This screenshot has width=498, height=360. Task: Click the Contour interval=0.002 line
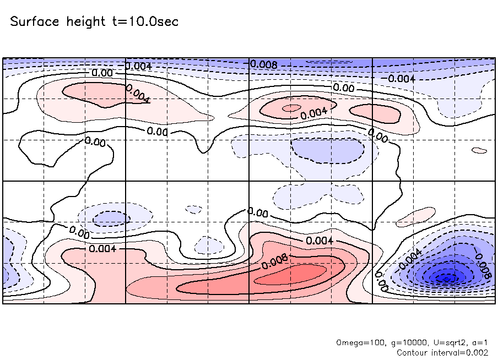(x=442, y=352)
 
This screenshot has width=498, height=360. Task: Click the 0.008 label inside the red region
(x=273, y=262)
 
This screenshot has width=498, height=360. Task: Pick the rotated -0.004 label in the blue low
(x=409, y=259)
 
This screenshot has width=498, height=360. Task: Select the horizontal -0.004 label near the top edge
(x=401, y=79)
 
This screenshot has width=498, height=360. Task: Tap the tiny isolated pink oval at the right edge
(x=480, y=150)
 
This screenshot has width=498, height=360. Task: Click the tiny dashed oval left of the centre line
(x=193, y=209)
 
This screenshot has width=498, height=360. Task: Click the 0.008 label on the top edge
(x=263, y=64)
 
